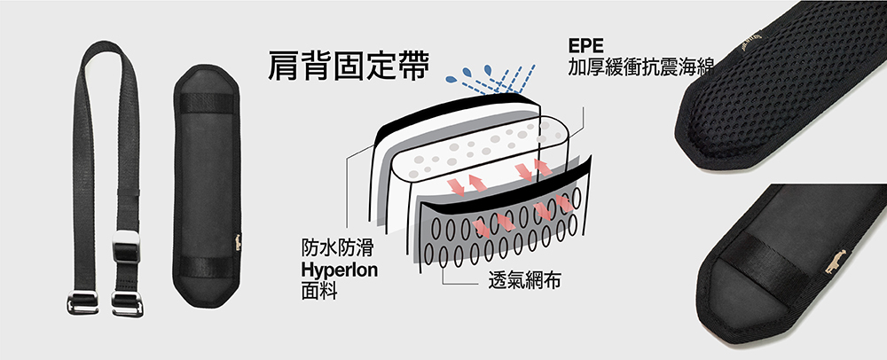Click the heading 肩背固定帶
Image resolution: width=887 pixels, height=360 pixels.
(348, 67)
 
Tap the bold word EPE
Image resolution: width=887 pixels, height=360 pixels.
(586, 45)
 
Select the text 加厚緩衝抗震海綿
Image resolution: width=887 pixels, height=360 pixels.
(641, 67)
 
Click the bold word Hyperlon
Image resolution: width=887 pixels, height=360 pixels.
(340, 270)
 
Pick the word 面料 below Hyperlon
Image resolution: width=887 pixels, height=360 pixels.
(319, 292)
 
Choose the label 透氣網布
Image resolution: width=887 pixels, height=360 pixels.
(524, 281)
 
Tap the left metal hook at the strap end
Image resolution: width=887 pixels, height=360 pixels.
(82, 302)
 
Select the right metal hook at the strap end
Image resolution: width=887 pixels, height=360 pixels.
(127, 304)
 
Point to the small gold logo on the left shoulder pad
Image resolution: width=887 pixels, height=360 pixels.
(238, 242)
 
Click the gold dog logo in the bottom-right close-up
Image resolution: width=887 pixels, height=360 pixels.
(836, 261)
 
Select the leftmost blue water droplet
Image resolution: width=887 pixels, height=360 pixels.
(451, 79)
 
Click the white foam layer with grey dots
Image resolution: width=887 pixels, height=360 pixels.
(481, 150)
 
